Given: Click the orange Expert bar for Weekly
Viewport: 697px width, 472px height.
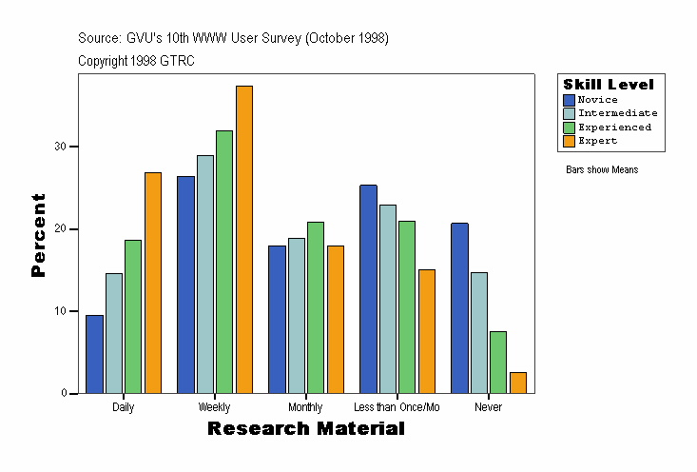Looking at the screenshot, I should click(x=243, y=239).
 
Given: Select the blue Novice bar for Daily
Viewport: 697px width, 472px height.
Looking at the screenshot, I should click(x=94, y=354).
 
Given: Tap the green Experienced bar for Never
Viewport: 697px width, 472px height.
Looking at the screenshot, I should click(x=498, y=362).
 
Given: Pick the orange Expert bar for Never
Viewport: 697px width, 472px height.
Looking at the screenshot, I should click(x=518, y=383).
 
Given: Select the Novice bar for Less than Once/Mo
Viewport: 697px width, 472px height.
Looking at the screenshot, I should click(x=368, y=289).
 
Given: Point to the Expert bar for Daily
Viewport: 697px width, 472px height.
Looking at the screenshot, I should click(x=153, y=283).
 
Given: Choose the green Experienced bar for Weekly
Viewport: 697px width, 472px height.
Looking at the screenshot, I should click(x=224, y=262).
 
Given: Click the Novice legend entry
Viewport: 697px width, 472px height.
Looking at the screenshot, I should click(x=597, y=100).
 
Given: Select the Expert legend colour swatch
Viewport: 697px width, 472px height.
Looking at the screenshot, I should click(x=569, y=141).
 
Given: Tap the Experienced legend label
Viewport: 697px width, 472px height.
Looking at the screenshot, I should click(x=614, y=127).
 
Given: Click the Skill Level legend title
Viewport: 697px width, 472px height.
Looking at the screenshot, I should click(x=608, y=85).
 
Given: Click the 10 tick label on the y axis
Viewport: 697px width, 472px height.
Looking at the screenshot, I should click(x=59, y=311).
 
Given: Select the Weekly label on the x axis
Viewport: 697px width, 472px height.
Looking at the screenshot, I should click(x=214, y=407).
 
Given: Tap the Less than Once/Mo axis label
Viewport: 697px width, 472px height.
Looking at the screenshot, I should click(x=397, y=407).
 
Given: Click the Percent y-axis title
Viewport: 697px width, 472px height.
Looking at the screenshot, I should click(x=38, y=235).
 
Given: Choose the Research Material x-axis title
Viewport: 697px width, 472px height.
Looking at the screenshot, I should click(x=305, y=429).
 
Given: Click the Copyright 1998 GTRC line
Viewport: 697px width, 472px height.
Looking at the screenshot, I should click(x=136, y=60).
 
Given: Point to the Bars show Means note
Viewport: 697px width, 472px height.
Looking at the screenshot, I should click(x=602, y=170).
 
